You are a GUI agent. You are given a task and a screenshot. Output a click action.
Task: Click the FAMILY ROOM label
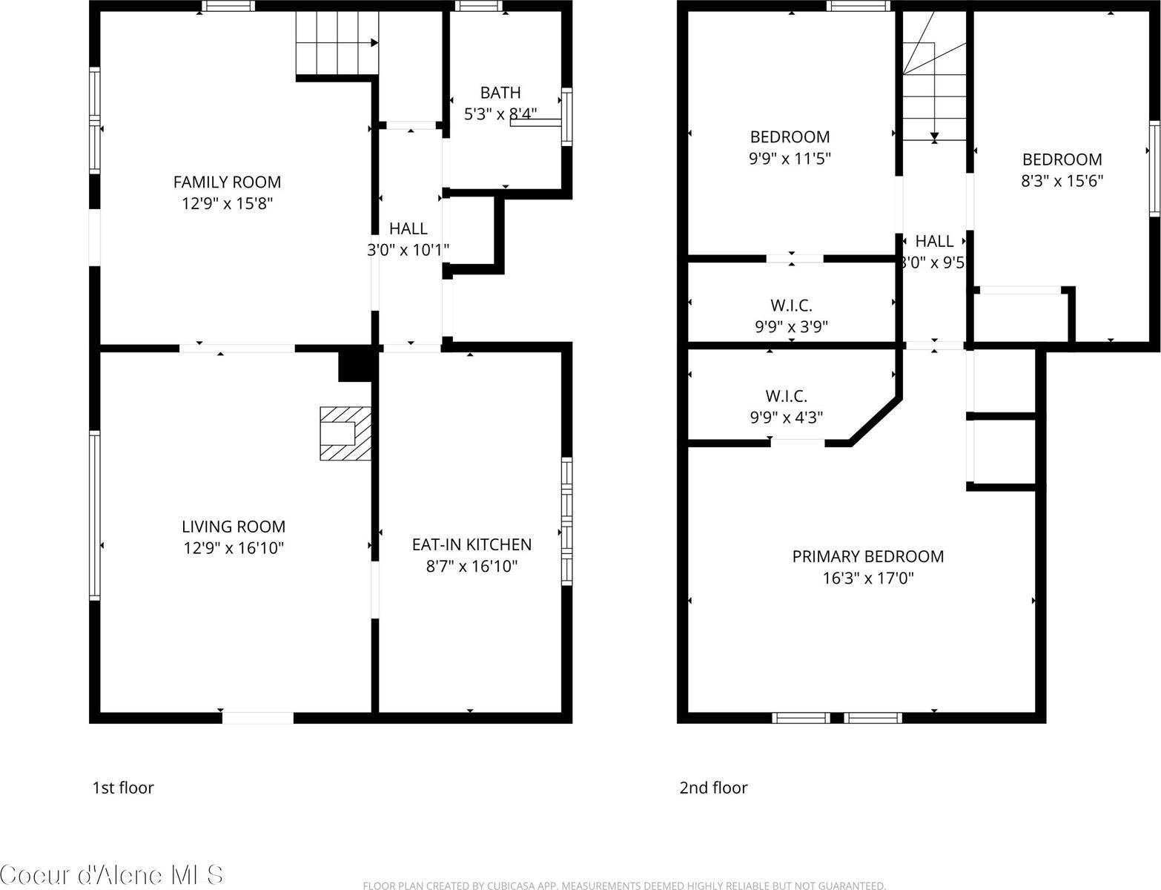click(x=227, y=182)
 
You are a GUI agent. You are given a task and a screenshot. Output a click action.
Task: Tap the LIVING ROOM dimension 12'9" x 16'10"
click(x=234, y=548)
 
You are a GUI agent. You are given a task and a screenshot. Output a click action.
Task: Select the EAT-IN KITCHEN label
click(x=472, y=544)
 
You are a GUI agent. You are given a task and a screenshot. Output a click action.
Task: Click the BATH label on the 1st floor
click(x=500, y=93)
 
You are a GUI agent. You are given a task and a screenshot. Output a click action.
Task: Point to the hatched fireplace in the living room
click(x=345, y=433)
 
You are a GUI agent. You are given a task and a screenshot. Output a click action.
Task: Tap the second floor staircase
click(x=934, y=89)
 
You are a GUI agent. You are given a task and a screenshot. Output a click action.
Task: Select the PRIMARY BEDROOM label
click(x=867, y=556)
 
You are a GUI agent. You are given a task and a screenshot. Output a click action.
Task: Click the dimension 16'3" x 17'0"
click(x=867, y=578)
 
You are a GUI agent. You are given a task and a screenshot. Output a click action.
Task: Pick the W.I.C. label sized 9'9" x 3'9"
click(x=791, y=305)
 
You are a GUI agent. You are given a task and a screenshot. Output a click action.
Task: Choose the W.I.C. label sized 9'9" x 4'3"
click(x=786, y=396)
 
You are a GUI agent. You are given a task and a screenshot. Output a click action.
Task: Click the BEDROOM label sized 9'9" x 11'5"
click(x=790, y=136)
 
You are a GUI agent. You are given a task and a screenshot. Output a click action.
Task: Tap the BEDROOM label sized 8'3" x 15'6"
click(x=1062, y=159)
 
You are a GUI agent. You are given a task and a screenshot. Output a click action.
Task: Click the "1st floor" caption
click(x=122, y=788)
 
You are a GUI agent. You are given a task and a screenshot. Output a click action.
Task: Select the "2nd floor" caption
click(x=713, y=788)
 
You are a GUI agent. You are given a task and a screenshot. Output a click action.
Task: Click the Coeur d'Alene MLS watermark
click(x=111, y=874)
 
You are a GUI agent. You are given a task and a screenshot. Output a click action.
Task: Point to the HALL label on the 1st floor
click(x=408, y=228)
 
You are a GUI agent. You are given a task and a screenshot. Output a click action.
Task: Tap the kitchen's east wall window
click(x=566, y=521)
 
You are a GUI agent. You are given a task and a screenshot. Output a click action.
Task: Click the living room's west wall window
click(x=95, y=515)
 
